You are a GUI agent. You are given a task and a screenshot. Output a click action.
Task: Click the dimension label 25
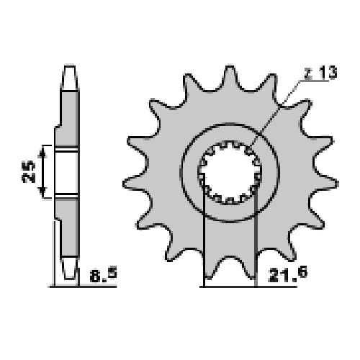tap(29, 171)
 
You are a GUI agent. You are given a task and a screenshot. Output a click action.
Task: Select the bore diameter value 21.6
tap(288, 275)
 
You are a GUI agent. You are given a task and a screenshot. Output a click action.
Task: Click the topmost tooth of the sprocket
tap(230, 78)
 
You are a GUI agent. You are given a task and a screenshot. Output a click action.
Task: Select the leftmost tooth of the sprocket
tap(135, 184)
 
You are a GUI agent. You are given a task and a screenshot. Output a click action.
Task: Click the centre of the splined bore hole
tap(230, 172)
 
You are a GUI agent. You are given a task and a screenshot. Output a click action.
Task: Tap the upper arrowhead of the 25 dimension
tap(42, 153)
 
